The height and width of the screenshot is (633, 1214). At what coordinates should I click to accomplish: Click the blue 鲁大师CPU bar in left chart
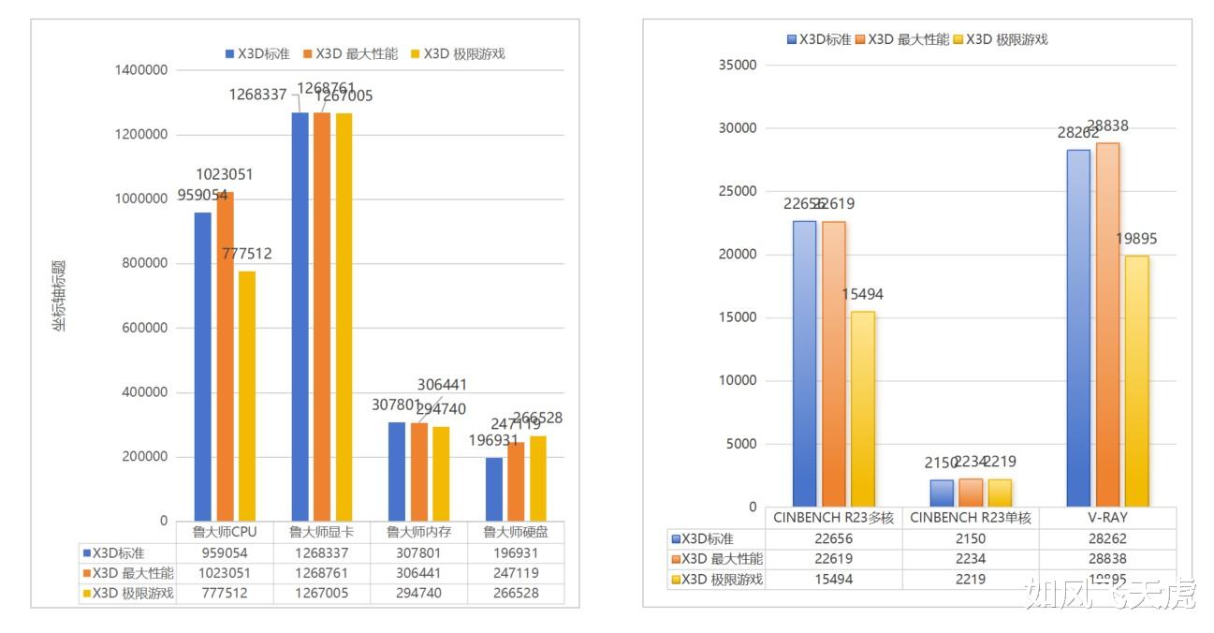point(202,366)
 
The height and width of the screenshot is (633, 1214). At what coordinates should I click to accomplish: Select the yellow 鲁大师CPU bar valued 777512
point(247,396)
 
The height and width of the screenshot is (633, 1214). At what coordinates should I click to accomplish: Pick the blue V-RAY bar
point(1078,328)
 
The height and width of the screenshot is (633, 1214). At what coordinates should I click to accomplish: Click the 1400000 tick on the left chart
point(140,70)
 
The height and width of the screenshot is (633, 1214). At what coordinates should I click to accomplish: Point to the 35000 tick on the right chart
point(737,66)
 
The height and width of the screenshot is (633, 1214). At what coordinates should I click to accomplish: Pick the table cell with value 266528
point(516,594)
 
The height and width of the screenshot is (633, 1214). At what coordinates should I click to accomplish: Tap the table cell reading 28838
point(1107,559)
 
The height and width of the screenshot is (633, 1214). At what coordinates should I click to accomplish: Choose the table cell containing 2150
point(971,538)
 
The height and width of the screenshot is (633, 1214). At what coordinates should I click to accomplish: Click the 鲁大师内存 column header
point(418,532)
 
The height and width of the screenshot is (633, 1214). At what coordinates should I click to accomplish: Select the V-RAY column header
point(1107,517)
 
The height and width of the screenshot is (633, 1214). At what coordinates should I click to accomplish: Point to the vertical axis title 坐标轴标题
point(59,296)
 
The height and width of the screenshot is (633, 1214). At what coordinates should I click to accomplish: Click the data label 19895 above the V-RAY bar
point(1136,239)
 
